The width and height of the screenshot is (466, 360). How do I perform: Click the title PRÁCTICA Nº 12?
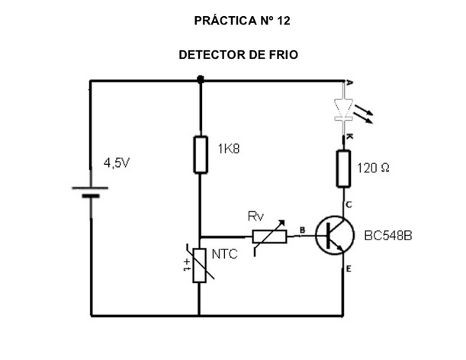pyautogui.click(x=243, y=21)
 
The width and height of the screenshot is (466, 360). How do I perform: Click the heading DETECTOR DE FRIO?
pyautogui.click(x=238, y=55)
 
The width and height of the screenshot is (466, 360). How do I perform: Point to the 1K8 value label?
pyautogui.click(x=227, y=149)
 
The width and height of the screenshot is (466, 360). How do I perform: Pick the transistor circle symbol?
pyautogui.click(x=336, y=236)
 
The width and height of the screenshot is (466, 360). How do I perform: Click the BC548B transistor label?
pyautogui.click(x=388, y=236)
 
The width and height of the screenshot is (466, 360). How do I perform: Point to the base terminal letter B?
pyautogui.click(x=302, y=229)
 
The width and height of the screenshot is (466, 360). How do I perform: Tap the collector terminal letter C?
pyautogui.click(x=349, y=204)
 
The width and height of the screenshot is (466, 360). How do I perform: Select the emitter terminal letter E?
pyautogui.click(x=349, y=268)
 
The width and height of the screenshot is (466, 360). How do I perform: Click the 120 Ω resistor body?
pyautogui.click(x=343, y=168)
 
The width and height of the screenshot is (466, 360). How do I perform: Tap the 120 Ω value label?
pyautogui.click(x=373, y=168)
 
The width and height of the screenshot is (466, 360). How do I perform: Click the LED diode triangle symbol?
pyautogui.click(x=343, y=108)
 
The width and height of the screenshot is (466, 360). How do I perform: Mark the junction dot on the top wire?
pyautogui.click(x=200, y=79)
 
